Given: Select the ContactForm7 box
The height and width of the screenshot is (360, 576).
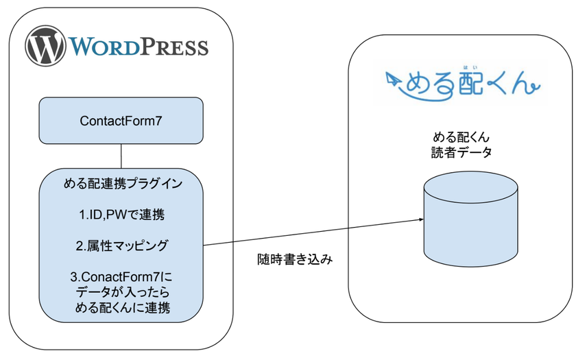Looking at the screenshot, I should (121, 121).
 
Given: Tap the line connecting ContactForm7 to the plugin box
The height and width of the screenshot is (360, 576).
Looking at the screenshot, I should (121, 156).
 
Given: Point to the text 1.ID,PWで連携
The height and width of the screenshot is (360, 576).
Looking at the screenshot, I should (122, 215).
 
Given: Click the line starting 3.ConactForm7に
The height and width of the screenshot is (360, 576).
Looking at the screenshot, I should (122, 277).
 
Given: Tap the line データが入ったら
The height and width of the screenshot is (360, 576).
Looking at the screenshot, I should (122, 292).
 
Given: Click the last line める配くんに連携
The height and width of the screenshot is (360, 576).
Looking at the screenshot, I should (122, 308).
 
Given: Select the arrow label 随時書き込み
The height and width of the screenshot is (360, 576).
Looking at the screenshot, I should (295, 260).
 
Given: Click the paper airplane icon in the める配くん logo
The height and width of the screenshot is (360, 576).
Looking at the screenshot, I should (393, 79).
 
